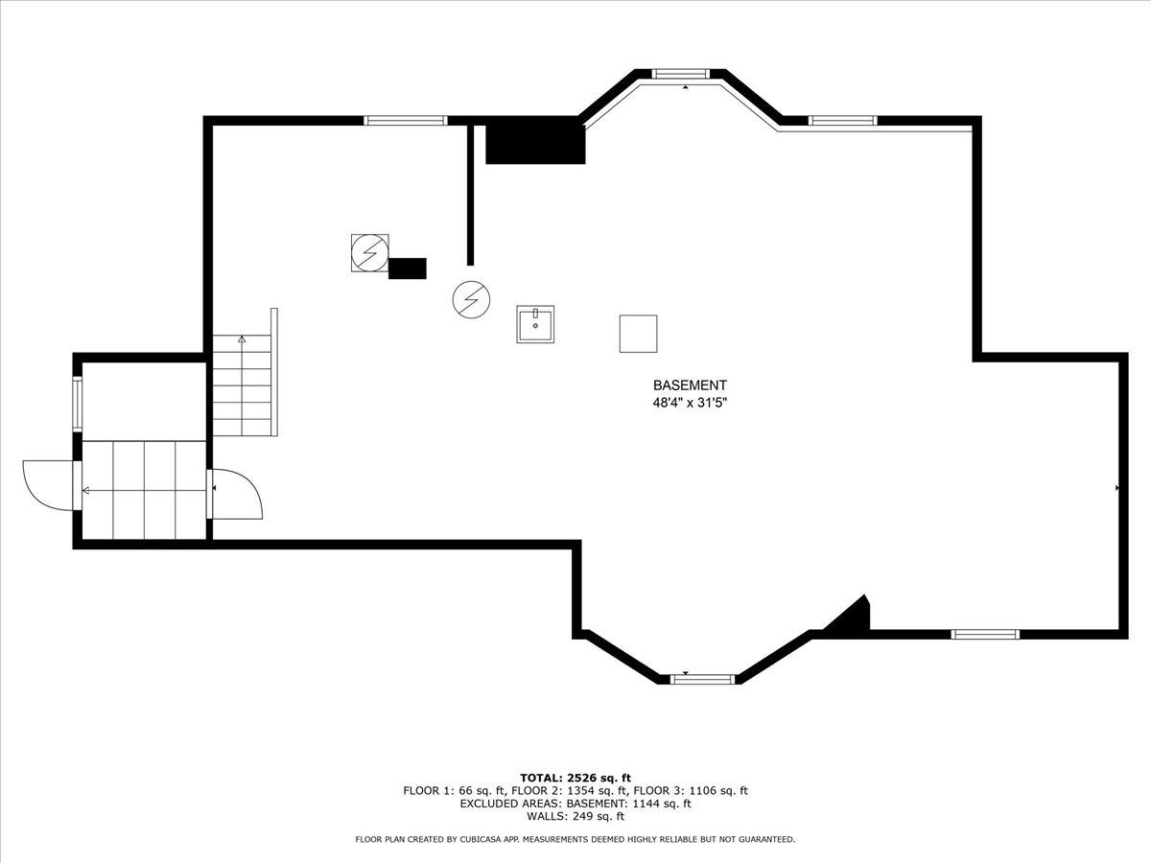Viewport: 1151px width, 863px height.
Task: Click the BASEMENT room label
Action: point(690,385)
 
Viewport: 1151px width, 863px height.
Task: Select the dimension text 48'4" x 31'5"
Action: point(690,404)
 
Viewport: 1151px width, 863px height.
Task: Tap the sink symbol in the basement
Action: point(535,324)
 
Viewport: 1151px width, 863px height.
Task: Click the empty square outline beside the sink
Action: point(638,334)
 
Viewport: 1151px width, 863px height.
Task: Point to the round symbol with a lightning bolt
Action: point(471,300)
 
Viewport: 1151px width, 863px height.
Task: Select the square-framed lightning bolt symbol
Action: point(369,252)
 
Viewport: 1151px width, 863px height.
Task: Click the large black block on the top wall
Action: point(535,141)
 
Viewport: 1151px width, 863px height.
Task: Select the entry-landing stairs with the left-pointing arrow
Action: point(144,490)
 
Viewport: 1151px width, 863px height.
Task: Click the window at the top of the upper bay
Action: point(681,73)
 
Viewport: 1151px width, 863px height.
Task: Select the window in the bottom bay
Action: point(702,679)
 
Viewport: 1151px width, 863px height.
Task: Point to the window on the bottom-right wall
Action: point(985,634)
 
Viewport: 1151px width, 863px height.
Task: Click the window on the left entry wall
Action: point(78,404)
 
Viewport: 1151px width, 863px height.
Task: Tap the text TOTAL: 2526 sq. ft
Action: point(575,778)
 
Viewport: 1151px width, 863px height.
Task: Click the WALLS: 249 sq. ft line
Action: point(575,817)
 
